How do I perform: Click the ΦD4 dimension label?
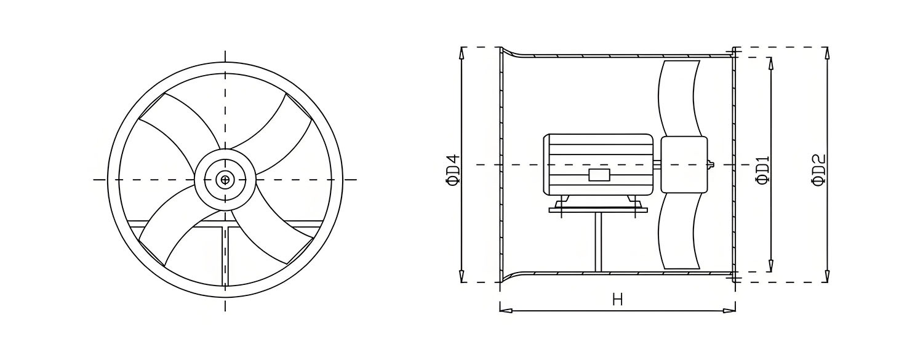[x=454, y=170]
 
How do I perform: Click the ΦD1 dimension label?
[x=762, y=170]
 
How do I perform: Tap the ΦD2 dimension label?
[x=818, y=170]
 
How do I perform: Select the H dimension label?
[x=617, y=300]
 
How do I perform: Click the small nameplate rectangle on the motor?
[x=599, y=175]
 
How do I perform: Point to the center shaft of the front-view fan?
[x=225, y=180]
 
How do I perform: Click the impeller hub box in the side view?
[x=684, y=165]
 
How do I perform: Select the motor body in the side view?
[x=599, y=165]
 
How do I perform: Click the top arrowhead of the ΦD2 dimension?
[x=826, y=53]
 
